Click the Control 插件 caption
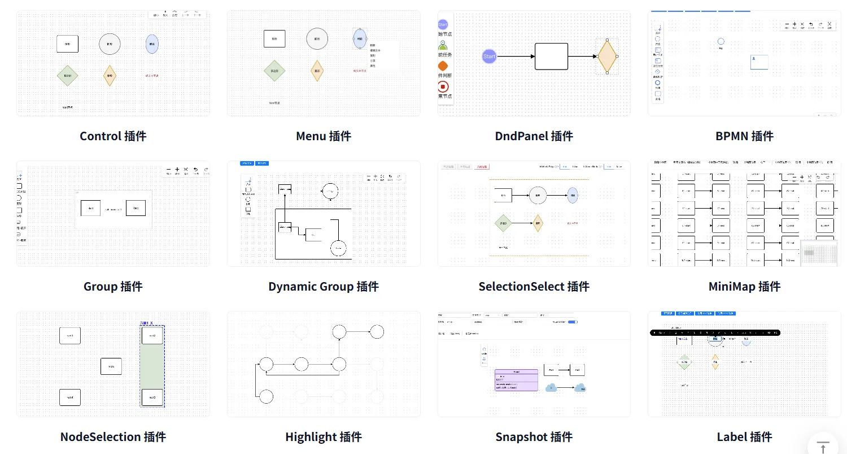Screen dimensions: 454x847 (113, 136)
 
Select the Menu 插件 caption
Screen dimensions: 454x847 (324, 136)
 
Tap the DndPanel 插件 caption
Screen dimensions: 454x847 (534, 136)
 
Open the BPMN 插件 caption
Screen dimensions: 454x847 (744, 136)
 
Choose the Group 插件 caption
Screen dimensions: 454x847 (113, 287)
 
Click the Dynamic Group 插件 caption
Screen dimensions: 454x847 (324, 287)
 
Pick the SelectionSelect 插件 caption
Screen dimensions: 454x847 (534, 287)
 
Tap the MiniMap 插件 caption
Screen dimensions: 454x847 (744, 287)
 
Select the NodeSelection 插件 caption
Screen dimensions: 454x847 (113, 437)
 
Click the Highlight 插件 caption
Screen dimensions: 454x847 (324, 437)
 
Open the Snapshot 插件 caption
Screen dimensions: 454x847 (534, 437)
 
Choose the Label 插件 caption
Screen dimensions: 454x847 (744, 437)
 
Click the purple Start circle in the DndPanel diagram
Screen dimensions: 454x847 (489, 57)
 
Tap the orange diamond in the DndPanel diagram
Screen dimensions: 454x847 (606, 57)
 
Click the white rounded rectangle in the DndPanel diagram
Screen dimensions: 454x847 (551, 57)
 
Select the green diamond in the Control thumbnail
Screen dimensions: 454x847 (68, 76)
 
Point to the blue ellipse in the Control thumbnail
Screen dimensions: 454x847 (152, 44)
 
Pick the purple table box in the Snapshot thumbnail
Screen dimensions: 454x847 (516, 380)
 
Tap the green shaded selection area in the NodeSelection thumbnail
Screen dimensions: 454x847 (152, 366)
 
